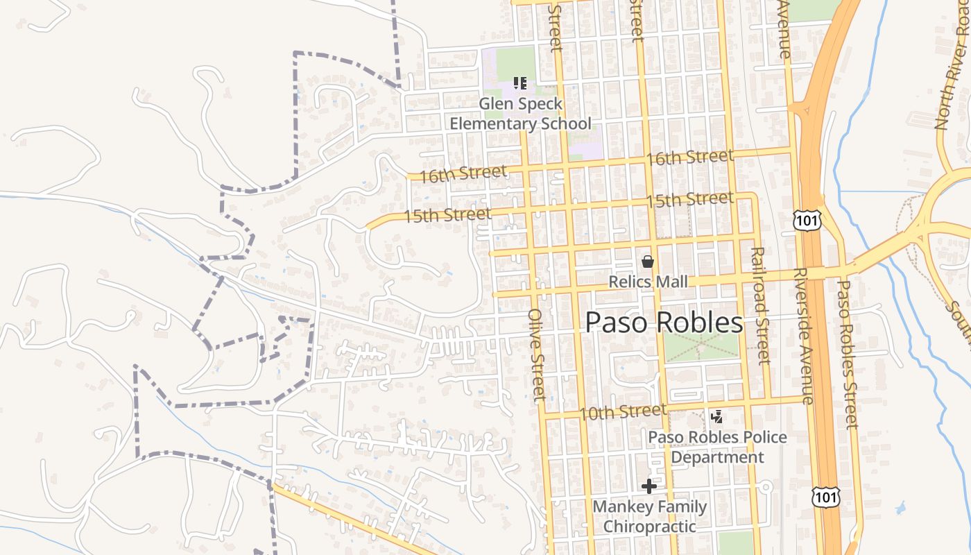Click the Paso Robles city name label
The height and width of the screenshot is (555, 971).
[664, 323]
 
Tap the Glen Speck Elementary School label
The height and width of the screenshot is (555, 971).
[521, 114]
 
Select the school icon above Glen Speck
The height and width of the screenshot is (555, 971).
[520, 84]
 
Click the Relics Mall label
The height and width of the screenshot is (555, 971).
[648, 282]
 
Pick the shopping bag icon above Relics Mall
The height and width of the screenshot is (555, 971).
[648, 262]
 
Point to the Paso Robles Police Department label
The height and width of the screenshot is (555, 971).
[717, 447]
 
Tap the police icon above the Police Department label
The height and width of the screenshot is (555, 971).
[718, 417]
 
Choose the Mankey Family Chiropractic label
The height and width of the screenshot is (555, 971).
[649, 516]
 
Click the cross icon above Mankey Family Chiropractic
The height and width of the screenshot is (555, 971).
[649, 486]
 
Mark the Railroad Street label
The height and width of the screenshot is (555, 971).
[761, 305]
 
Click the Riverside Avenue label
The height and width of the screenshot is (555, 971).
[802, 336]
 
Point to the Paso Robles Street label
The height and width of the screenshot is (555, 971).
[848, 354]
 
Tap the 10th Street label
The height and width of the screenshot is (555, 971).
[612, 412]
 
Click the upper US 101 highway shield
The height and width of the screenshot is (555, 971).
[809, 221]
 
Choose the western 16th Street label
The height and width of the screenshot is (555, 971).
[463, 173]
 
